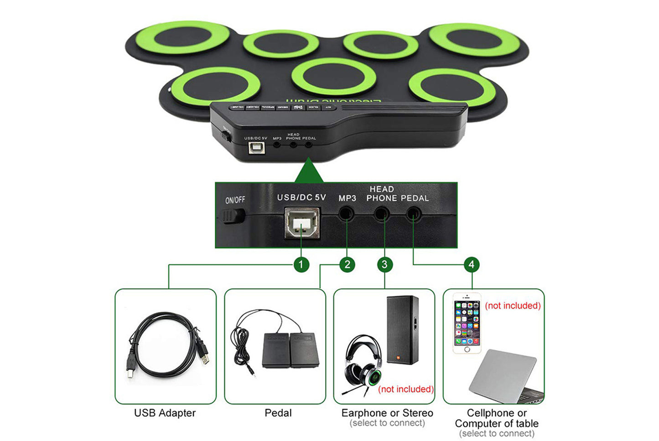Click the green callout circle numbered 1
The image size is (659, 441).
click(x=301, y=265)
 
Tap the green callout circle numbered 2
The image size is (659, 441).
click(x=347, y=265)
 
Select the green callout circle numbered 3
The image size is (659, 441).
click(x=384, y=265)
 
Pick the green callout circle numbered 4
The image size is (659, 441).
click(x=472, y=265)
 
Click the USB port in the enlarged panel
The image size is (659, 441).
click(x=302, y=223)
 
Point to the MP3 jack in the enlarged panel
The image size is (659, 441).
click(x=347, y=213)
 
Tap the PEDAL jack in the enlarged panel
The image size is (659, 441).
click(x=414, y=213)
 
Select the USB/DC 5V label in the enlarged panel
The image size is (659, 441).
click(x=301, y=197)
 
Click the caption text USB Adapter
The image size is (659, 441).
click(x=165, y=413)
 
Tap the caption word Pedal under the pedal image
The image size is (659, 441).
click(x=278, y=413)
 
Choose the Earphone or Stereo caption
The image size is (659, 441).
click(x=387, y=413)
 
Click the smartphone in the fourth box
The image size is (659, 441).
click(x=467, y=323)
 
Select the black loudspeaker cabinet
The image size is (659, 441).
click(x=402, y=329)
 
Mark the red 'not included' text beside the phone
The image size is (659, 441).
click(x=513, y=306)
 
